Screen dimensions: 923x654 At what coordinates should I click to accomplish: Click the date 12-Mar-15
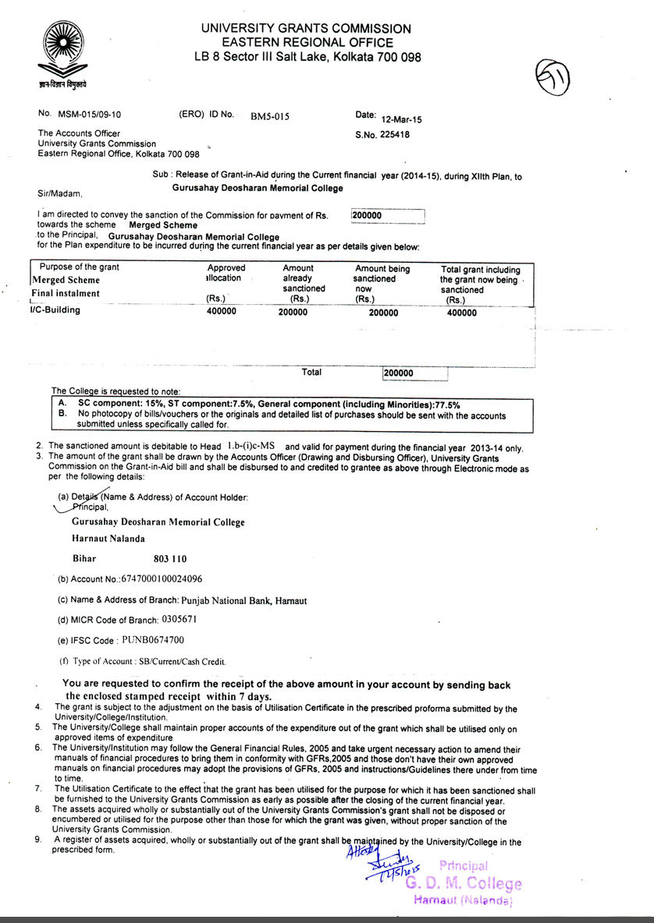click(400, 120)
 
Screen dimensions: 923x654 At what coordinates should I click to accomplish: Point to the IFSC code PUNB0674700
click(152, 640)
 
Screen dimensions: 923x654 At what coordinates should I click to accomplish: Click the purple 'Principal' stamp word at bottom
click(464, 865)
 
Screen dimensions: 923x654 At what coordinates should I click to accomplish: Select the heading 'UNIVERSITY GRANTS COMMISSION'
click(305, 29)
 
